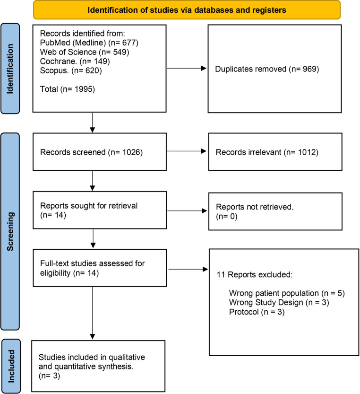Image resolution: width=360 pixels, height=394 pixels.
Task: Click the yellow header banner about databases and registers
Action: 187,9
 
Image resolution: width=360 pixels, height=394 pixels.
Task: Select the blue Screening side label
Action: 11,227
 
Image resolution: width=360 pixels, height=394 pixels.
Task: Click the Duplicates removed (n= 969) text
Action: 267,69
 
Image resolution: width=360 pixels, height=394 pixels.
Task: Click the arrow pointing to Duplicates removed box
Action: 186,69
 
